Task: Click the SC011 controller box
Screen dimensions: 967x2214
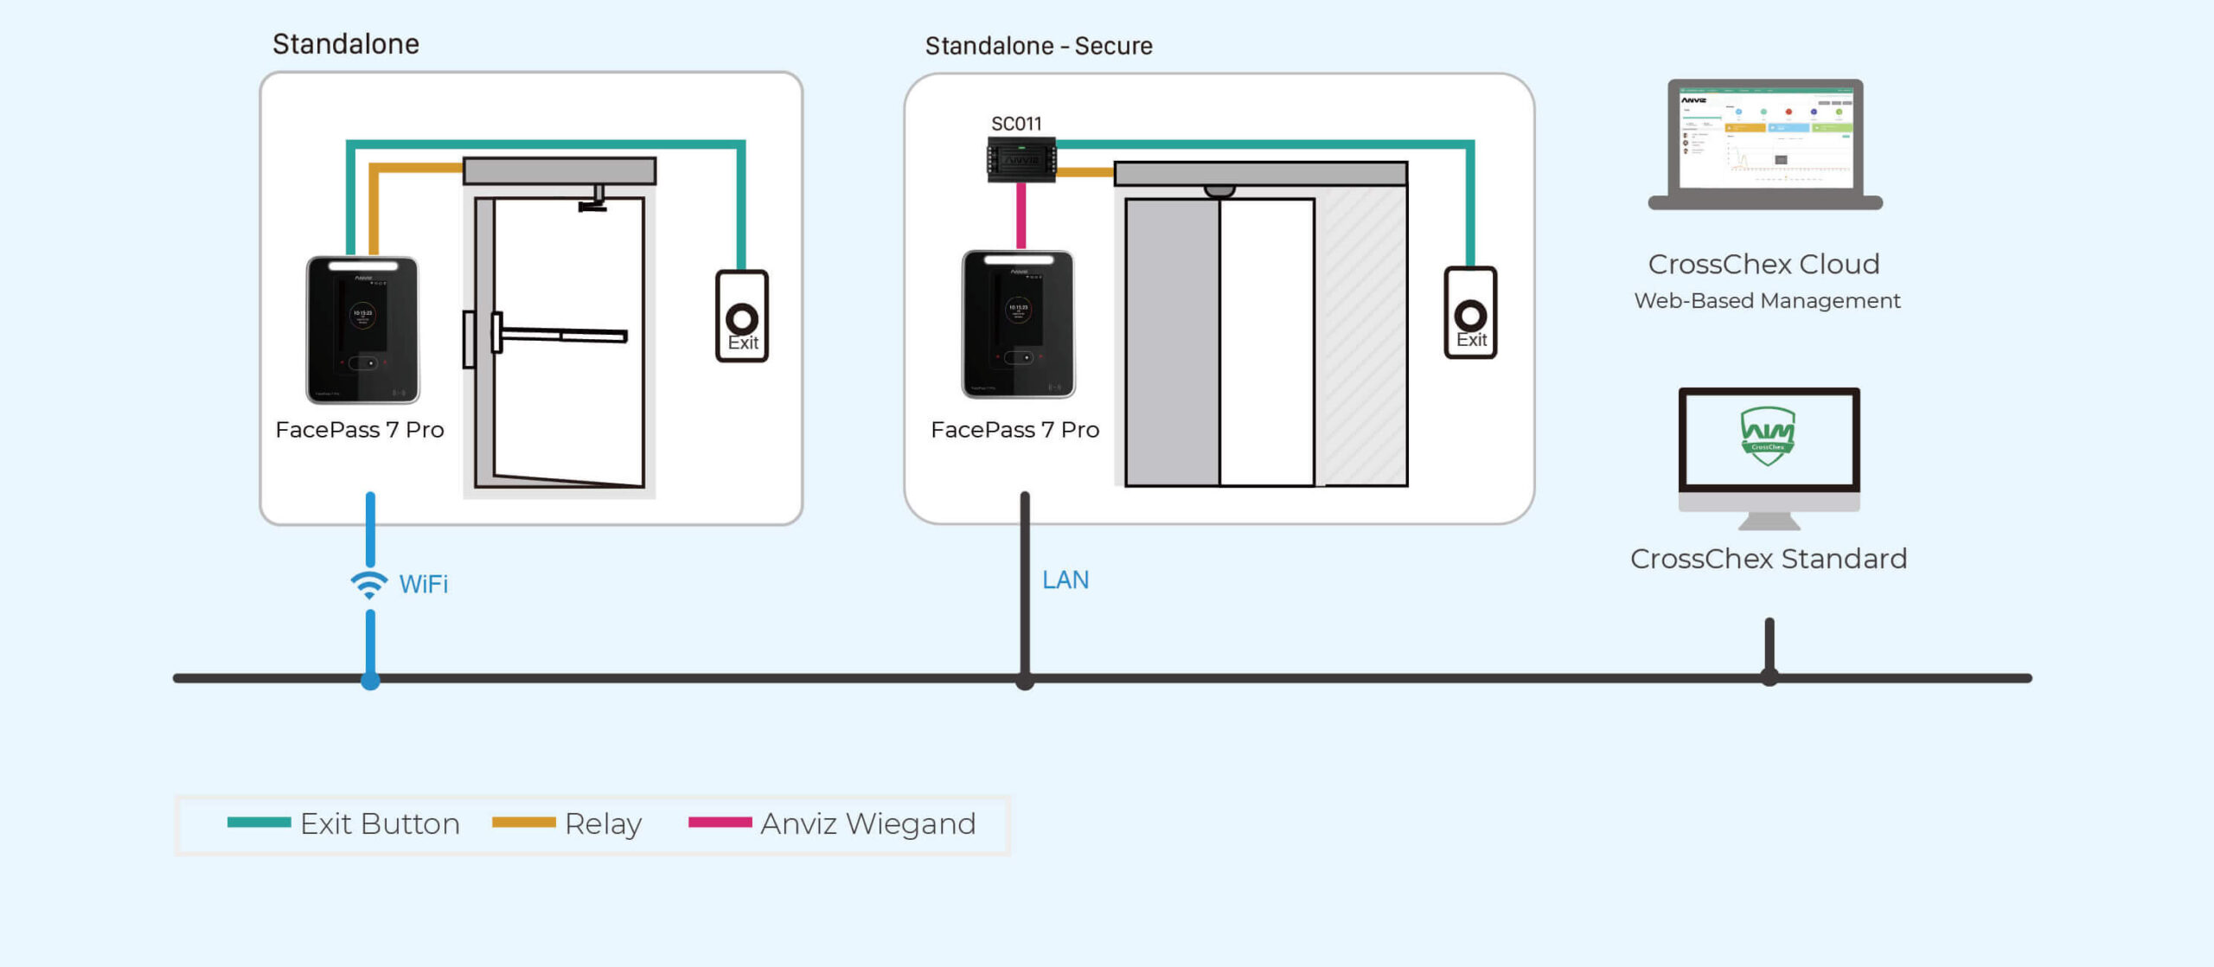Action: coord(1021,160)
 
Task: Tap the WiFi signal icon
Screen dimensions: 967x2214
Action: coord(369,585)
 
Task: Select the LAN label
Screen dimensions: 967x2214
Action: coord(1065,580)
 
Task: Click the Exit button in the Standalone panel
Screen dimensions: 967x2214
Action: coord(742,317)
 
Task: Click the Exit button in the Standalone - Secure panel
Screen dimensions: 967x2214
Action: coord(1470,313)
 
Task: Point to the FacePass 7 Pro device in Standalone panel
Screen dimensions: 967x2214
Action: coord(362,330)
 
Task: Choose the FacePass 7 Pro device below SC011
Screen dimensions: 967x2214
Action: coord(1018,324)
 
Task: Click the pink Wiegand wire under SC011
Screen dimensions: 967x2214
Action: coord(1021,215)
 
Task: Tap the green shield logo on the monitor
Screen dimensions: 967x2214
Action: coord(1767,435)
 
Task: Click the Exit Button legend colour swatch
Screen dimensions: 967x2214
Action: coord(259,823)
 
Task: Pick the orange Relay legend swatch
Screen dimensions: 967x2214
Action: coord(523,823)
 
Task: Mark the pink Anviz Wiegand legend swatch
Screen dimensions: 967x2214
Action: coord(720,823)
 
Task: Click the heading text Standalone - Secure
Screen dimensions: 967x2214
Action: coord(1039,46)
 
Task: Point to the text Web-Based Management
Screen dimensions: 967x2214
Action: coord(1767,301)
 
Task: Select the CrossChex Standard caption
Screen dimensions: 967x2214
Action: coord(1768,559)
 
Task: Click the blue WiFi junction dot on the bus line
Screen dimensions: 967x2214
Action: coord(370,681)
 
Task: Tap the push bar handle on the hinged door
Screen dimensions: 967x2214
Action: coord(562,335)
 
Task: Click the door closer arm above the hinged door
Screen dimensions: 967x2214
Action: coord(594,199)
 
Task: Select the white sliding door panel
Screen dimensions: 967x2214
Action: coord(1267,342)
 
